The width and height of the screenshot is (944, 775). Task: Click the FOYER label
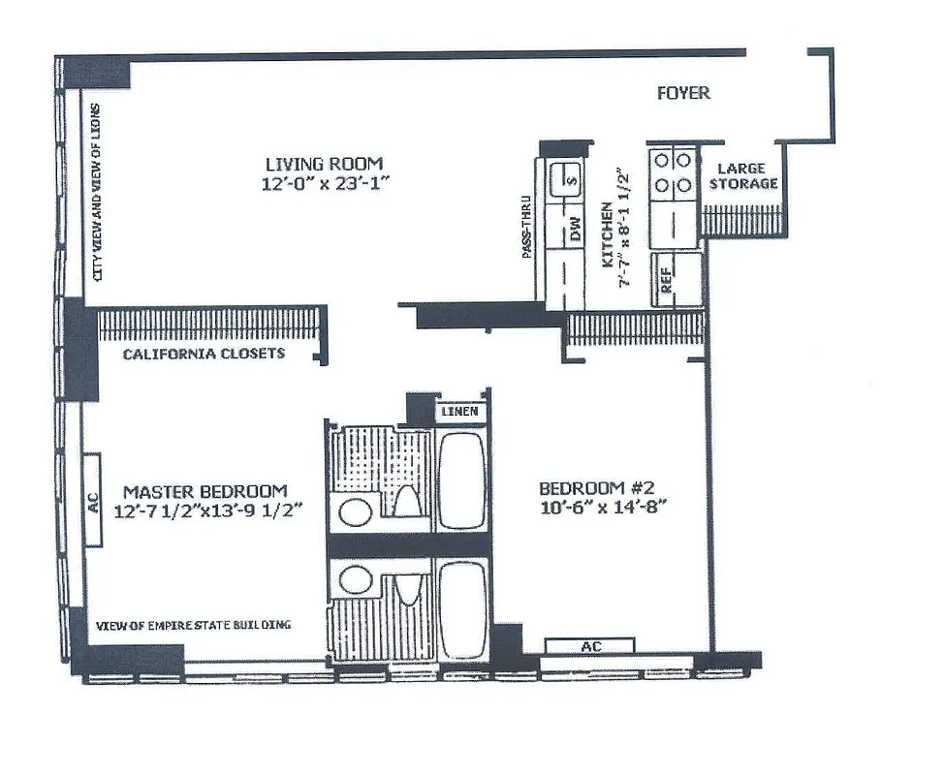(683, 93)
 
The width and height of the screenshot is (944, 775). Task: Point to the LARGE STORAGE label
(742, 175)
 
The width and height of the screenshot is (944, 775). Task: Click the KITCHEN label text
(607, 234)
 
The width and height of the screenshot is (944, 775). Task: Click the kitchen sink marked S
(565, 178)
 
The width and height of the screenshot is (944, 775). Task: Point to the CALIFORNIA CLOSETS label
(204, 354)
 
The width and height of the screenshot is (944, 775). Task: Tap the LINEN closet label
(459, 412)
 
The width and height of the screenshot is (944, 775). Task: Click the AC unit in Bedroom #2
(589, 645)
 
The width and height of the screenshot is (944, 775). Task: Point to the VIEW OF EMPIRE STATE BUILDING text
(193, 625)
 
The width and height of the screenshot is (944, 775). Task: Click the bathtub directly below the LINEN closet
(461, 480)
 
